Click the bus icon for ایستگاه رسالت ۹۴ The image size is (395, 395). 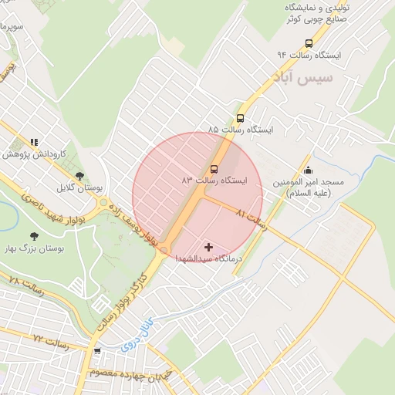click(x=309, y=44)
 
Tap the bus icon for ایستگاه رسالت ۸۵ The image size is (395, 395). click(x=240, y=119)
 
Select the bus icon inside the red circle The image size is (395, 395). click(x=214, y=170)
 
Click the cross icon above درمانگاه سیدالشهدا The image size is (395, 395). click(x=208, y=247)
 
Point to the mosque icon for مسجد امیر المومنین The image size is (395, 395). click(x=309, y=170)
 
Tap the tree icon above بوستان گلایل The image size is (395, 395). click(x=79, y=177)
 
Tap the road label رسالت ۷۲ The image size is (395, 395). click(x=51, y=339)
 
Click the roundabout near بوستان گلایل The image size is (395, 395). click(x=103, y=204)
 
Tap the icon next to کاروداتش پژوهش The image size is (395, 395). click(x=33, y=143)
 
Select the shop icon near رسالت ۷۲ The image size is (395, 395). click(x=97, y=351)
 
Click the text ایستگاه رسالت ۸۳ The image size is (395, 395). click(x=215, y=180)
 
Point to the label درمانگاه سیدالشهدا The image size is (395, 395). click(x=208, y=258)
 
